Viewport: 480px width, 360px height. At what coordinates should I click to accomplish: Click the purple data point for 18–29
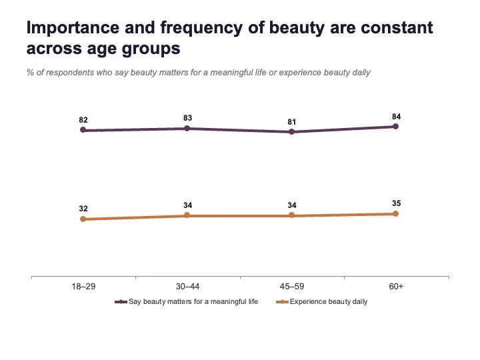pos(83,130)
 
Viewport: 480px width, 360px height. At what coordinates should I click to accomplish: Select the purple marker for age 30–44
pos(187,128)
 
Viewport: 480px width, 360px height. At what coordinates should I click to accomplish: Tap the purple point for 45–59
pos(292,131)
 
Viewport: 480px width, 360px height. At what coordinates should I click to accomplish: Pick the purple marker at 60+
pos(395,127)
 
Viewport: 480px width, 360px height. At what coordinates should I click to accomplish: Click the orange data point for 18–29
pos(83,219)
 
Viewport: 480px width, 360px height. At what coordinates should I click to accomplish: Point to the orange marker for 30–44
pos(187,215)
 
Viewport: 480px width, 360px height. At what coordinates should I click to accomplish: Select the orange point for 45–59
pos(292,215)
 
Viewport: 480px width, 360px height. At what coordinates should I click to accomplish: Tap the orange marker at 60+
pos(395,213)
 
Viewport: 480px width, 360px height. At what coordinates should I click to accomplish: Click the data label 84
pos(396,117)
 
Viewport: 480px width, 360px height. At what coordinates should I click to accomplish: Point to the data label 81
pos(292,122)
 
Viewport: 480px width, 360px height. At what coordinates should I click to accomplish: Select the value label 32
pos(83,209)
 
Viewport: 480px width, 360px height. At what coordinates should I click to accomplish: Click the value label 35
pos(396,203)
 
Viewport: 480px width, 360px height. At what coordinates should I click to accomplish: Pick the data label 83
pos(187,118)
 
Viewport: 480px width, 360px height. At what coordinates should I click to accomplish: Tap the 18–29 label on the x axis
pos(83,287)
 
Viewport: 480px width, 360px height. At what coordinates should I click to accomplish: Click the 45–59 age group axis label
pos(292,287)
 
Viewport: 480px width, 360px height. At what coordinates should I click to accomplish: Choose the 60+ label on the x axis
pos(396,287)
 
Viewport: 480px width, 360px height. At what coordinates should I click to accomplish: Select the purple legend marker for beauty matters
pos(121,302)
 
